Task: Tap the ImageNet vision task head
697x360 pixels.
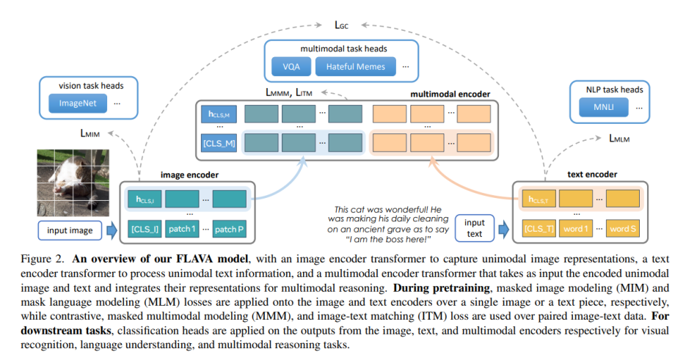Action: click(79, 104)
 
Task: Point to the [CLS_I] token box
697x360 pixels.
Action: click(145, 229)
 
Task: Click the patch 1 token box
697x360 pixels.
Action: click(182, 229)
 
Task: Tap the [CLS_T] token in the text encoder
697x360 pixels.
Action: click(539, 229)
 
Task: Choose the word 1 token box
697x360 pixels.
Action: click(576, 229)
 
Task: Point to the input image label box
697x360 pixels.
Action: click(70, 230)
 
